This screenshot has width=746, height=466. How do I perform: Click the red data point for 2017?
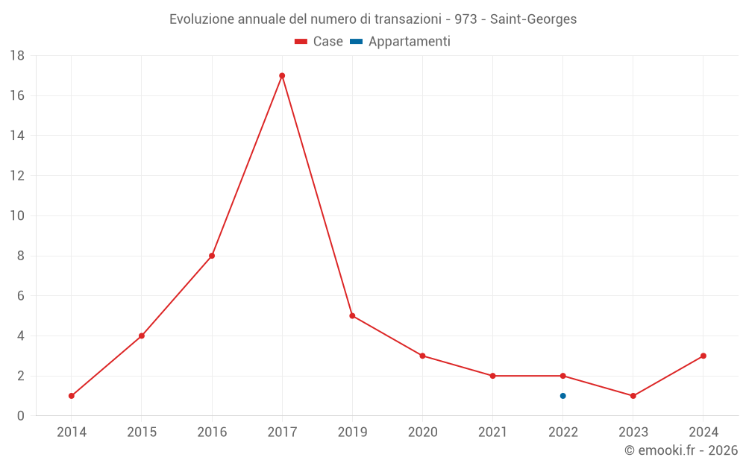pyautogui.click(x=282, y=75)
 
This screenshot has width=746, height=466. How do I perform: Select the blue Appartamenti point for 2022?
pyautogui.click(x=562, y=396)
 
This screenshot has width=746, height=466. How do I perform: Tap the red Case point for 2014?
pyautogui.click(x=72, y=396)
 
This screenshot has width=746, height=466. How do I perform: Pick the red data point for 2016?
pyautogui.click(x=212, y=256)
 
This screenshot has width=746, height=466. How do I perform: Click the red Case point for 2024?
pyautogui.click(x=703, y=356)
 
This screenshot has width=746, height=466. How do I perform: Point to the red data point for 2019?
pyautogui.click(x=352, y=315)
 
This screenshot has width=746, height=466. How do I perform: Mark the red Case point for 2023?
pyautogui.click(x=633, y=396)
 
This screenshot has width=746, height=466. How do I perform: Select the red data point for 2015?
pyautogui.click(x=142, y=336)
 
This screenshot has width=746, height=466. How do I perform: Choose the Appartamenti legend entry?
pyautogui.click(x=409, y=42)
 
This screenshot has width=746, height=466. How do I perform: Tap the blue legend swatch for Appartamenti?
pyautogui.click(x=356, y=42)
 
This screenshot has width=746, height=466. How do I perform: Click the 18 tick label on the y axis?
pyautogui.click(x=17, y=56)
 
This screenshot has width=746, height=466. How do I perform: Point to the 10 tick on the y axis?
pyautogui.click(x=17, y=216)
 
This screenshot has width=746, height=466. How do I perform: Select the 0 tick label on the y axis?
pyautogui.click(x=21, y=416)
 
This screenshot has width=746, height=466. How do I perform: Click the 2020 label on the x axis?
pyautogui.click(x=422, y=432)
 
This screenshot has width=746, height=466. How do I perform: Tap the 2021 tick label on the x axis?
pyautogui.click(x=492, y=432)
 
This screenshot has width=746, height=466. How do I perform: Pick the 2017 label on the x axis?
pyautogui.click(x=282, y=432)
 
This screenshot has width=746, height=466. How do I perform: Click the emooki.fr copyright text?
pyautogui.click(x=681, y=450)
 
